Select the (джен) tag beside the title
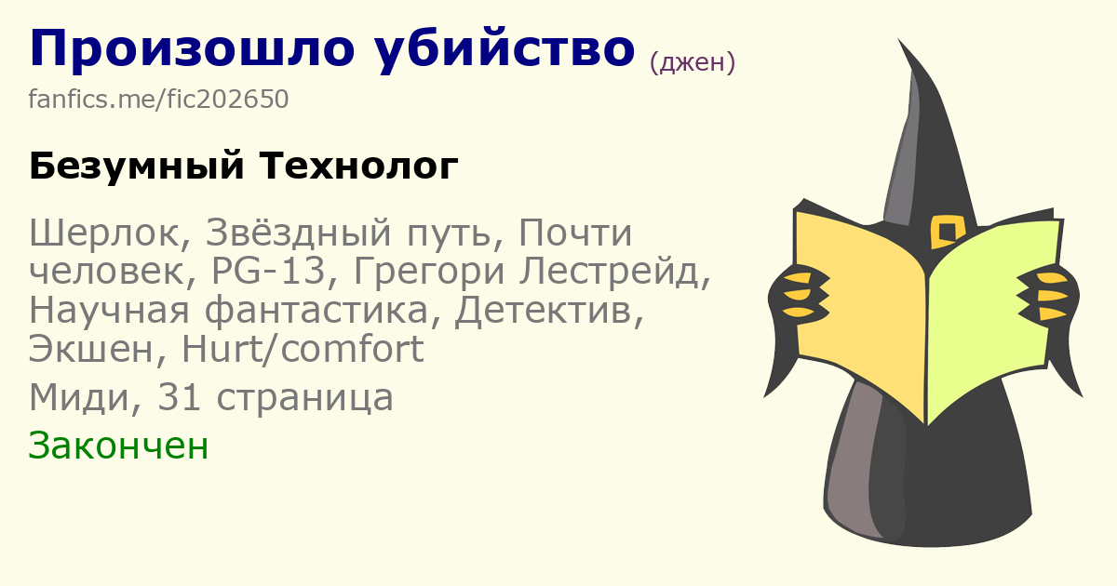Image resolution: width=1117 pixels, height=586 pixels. (693, 63)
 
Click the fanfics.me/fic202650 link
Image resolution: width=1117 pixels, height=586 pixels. (158, 100)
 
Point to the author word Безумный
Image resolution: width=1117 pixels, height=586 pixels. (137, 166)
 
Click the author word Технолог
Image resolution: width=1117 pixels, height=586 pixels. (358, 166)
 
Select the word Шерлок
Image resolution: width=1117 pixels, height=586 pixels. (110, 233)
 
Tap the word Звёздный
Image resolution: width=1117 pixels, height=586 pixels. (299, 233)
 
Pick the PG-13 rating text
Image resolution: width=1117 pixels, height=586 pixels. (268, 272)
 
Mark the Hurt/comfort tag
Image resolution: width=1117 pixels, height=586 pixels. (303, 349)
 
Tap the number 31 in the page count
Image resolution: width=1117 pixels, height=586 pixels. (179, 398)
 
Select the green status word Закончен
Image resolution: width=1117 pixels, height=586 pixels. (118, 446)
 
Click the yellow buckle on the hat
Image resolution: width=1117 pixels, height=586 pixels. (947, 232)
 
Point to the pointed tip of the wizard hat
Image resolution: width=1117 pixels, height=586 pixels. (899, 40)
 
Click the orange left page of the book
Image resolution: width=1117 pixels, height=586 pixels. (861, 309)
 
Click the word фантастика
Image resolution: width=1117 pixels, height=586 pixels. (316, 311)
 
